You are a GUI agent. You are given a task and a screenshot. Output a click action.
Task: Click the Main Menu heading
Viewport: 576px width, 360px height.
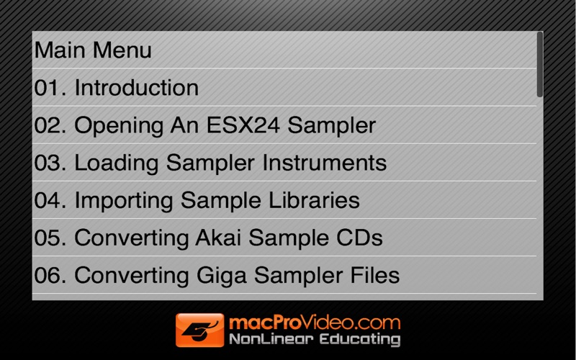point(93,50)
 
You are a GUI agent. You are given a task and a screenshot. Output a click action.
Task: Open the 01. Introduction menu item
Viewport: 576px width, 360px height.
point(117,88)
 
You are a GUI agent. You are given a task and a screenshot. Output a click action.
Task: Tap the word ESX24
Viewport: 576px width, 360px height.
point(243,125)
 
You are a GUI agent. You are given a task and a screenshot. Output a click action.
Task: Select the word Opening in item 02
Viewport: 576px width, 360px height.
point(119,126)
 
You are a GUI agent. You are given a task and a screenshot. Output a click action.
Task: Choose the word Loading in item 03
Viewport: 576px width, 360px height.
point(117,163)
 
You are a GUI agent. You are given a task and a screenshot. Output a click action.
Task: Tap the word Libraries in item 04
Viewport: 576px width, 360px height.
point(314,200)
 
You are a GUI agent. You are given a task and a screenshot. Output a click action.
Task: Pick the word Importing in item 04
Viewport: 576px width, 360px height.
point(124,202)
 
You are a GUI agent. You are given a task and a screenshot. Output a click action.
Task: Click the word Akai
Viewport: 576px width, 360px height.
point(218,238)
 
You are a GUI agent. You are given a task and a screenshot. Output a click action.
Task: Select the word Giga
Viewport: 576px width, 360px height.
point(222,276)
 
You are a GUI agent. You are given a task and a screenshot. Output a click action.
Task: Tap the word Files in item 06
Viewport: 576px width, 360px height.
point(375,275)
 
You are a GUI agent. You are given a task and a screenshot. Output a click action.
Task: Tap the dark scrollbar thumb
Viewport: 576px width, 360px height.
point(539,64)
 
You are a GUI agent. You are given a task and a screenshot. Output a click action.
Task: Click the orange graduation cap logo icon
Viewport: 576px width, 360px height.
point(200,330)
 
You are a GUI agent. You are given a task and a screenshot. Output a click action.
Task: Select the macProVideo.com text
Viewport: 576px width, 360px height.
point(315,323)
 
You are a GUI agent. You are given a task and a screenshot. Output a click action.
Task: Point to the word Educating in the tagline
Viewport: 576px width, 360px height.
point(359,339)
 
